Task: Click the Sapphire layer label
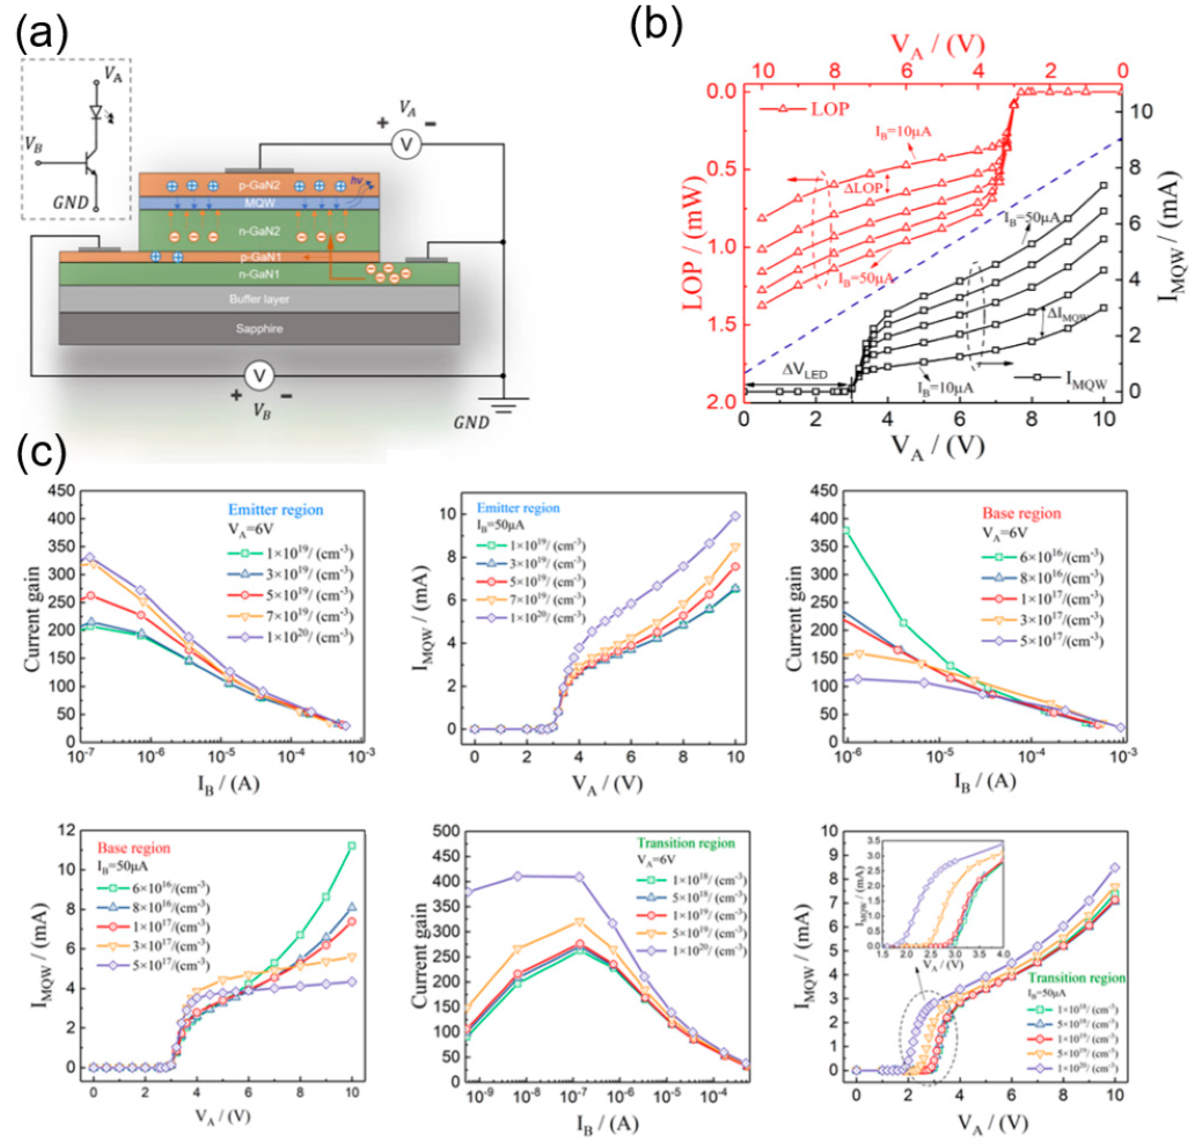point(259,329)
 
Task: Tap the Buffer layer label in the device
point(259,299)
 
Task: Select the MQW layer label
point(260,203)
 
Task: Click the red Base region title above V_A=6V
point(1021,513)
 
